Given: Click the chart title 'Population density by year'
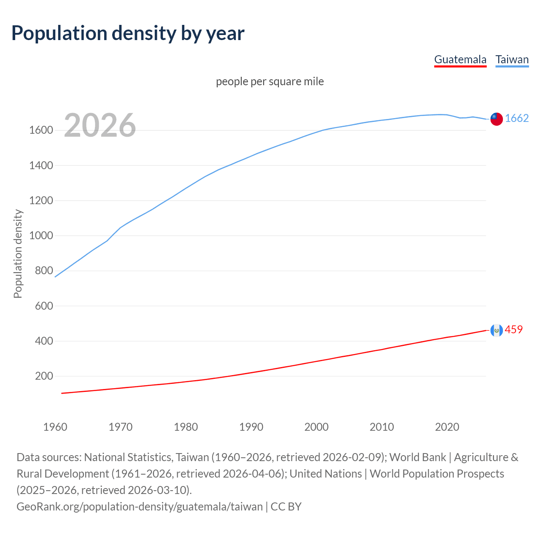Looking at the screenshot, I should tap(128, 33).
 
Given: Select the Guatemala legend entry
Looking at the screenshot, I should tap(460, 59).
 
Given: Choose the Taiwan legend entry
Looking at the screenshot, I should tap(512, 59).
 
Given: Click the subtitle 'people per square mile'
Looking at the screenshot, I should tap(270, 81).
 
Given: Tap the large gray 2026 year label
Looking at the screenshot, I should tap(100, 125).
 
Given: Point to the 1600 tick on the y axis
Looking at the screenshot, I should tap(41, 130).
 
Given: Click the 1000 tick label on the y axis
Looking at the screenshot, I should tap(41, 236).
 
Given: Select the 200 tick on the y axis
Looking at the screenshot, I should tap(44, 376).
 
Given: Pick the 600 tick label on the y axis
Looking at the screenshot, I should tap(44, 306).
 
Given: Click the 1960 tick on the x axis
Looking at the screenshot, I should tap(55, 427).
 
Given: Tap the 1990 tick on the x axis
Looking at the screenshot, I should tap(251, 427).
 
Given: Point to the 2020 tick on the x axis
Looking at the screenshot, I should tap(447, 427).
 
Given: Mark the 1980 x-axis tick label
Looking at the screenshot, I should tap(186, 427).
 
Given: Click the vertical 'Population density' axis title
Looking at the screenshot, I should tap(18, 254).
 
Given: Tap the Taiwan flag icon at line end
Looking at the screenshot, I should tap(497, 119).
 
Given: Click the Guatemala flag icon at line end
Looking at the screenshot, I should tap(497, 330).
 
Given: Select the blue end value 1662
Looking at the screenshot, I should tap(517, 119).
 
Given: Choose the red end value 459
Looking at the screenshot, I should tap(513, 329).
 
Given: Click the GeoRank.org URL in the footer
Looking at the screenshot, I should tap(139, 506).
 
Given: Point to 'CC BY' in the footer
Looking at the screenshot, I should tap(286, 506).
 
